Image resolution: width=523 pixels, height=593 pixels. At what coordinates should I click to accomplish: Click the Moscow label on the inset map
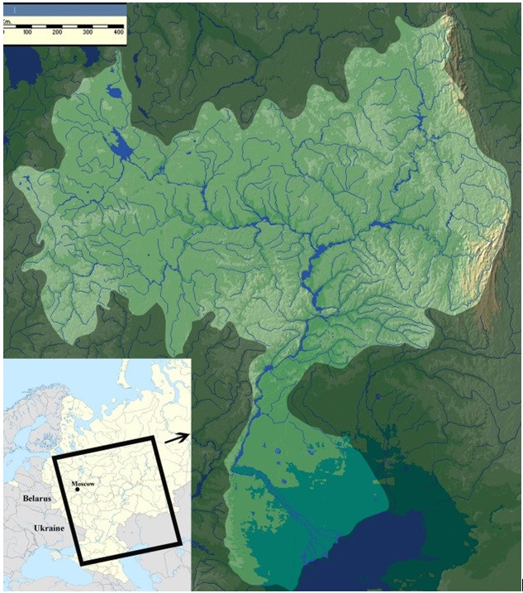coord(83,482)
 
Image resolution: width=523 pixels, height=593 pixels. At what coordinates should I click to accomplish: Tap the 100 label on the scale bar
coord(27,31)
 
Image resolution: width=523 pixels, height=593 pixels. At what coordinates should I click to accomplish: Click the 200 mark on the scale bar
coord(57,31)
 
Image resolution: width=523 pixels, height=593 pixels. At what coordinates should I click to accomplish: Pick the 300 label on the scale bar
coord(88,31)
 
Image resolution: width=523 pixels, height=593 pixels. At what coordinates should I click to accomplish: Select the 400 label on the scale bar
coord(117,31)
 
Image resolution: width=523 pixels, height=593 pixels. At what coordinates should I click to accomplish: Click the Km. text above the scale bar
coord(7,22)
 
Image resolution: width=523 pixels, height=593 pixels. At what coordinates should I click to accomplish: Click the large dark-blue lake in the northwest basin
coord(123,147)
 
